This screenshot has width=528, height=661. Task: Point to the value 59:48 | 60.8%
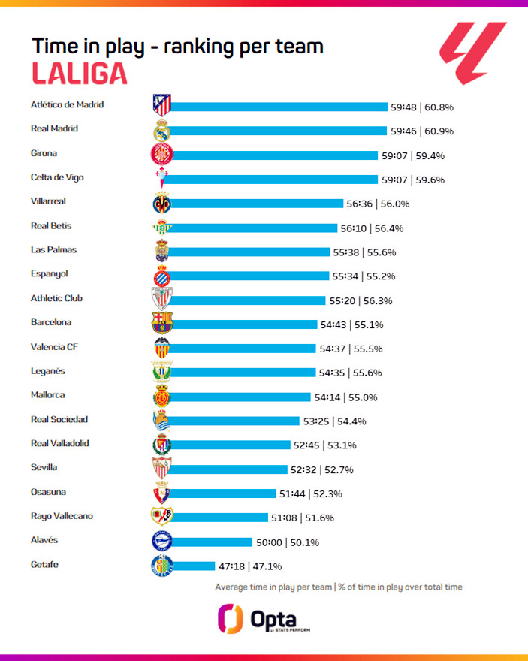(x=421, y=107)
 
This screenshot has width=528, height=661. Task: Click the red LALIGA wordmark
(x=79, y=73)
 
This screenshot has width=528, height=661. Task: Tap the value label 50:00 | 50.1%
(x=290, y=542)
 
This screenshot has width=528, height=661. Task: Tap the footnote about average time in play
(x=339, y=587)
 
